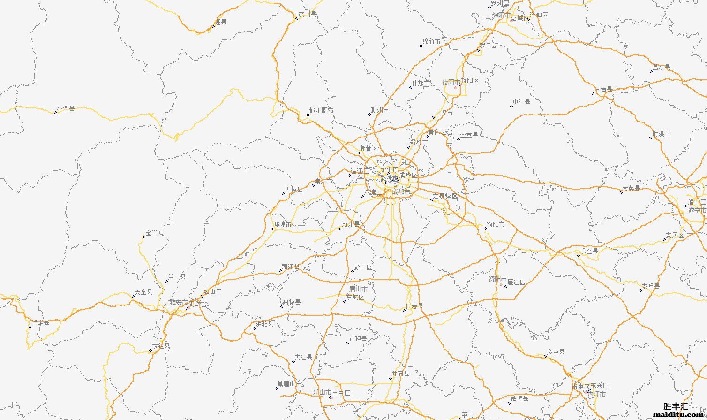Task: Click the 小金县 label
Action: [x=66, y=108]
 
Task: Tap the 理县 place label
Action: [x=220, y=22]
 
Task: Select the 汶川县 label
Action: [x=307, y=14]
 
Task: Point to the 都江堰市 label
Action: [x=321, y=111]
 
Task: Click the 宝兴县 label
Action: [x=154, y=233]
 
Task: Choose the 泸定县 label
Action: [x=41, y=322]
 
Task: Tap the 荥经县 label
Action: [x=161, y=346]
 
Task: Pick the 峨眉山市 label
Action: [x=290, y=384]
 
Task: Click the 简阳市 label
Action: [x=496, y=225]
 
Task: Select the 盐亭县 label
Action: [x=662, y=68]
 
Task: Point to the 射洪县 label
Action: [x=661, y=134]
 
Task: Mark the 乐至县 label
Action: [x=589, y=251]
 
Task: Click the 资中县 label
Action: [x=556, y=352]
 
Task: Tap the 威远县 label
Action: [x=519, y=398]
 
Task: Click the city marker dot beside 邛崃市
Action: [x=272, y=229]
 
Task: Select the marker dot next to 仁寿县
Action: [x=404, y=311]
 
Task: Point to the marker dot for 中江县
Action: [x=511, y=106]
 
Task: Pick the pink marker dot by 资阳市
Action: [x=501, y=284]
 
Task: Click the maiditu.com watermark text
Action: [x=679, y=415]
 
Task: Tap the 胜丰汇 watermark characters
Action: [x=676, y=406]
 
